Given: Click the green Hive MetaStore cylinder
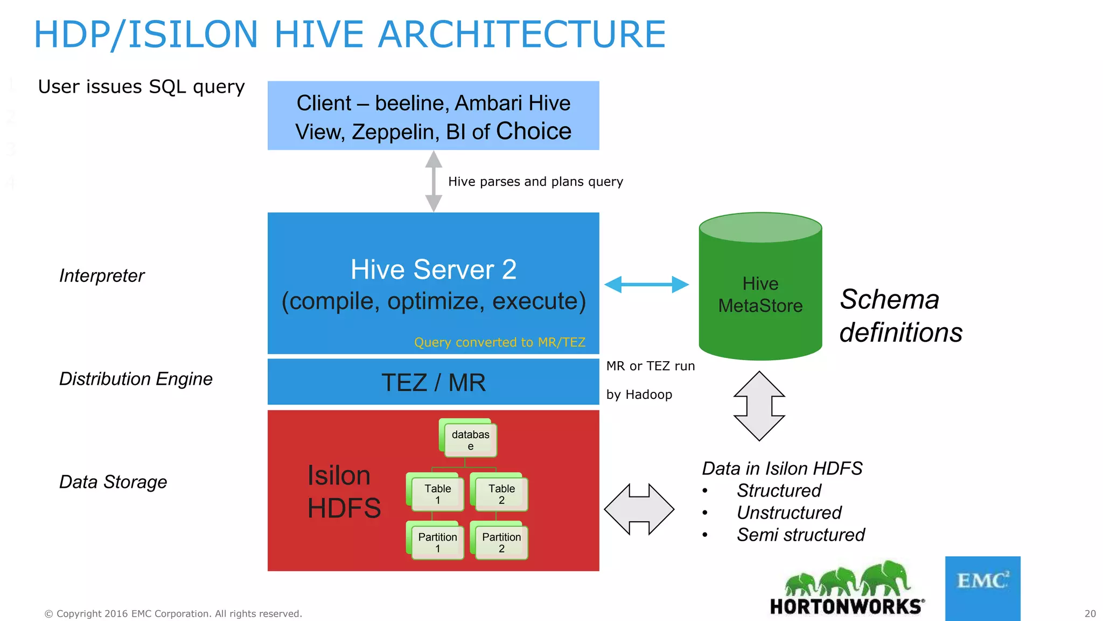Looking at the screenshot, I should pyautogui.click(x=760, y=291).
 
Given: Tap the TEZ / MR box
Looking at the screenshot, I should pyautogui.click(x=433, y=382).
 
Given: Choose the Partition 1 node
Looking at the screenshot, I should pyautogui.click(x=436, y=541).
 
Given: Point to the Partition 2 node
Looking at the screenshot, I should pyautogui.click(x=500, y=541).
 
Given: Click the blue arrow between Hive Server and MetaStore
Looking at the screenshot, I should pyautogui.click(x=646, y=284).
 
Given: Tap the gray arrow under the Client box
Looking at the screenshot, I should pyautogui.click(x=434, y=181).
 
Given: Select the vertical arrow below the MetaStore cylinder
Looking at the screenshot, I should pyautogui.click(x=759, y=405).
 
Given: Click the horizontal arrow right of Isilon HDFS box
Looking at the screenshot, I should pyautogui.click(x=639, y=509).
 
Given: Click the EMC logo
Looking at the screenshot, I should pyautogui.click(x=982, y=588).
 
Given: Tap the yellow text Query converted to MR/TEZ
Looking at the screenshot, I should pyautogui.click(x=499, y=342).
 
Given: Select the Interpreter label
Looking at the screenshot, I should pyautogui.click(x=102, y=275).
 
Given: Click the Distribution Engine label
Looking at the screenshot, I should pyautogui.click(x=136, y=379).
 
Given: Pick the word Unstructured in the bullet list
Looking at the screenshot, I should pyautogui.click(x=788, y=513).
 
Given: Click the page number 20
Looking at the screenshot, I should pyautogui.click(x=1090, y=613).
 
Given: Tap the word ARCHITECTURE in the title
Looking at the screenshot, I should pyautogui.click(x=522, y=34).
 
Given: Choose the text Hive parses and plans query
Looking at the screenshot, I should pyautogui.click(x=535, y=182).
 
